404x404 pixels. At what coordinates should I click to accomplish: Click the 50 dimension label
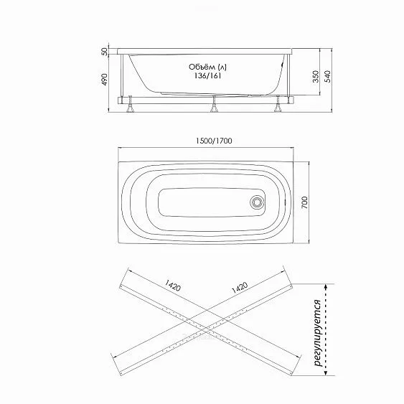pyautogui.click(x=104, y=52)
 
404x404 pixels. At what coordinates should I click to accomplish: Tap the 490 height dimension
pyautogui.click(x=104, y=80)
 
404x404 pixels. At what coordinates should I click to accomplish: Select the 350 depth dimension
pyautogui.click(x=316, y=77)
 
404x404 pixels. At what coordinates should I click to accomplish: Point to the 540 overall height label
pyautogui.click(x=327, y=77)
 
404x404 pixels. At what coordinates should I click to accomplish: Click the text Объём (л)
pyautogui.click(x=207, y=67)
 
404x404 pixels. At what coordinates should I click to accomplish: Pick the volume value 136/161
pyautogui.click(x=207, y=76)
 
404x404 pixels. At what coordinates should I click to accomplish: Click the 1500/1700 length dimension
pyautogui.click(x=214, y=141)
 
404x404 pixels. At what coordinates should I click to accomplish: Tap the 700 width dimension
pyautogui.click(x=304, y=202)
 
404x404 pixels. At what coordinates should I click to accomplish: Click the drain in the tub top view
pyautogui.click(x=257, y=202)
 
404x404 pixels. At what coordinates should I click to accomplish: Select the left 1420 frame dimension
pyautogui.click(x=173, y=285)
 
